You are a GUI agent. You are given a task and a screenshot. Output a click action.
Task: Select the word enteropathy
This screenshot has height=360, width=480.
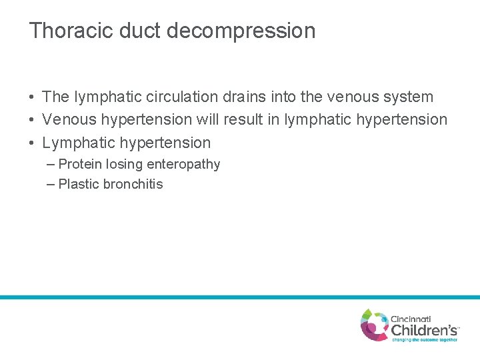tap(183, 165)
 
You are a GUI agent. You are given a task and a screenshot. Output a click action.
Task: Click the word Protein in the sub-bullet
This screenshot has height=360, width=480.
tap(80, 165)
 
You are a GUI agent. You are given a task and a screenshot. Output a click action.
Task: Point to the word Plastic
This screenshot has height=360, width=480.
tap(79, 185)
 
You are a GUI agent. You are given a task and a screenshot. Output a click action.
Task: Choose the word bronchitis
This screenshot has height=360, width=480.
tap(133, 185)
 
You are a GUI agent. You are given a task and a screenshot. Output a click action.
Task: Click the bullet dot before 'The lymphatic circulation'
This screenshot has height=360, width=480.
tap(32, 97)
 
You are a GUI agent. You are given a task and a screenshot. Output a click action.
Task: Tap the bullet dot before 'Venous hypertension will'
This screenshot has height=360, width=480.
tap(32, 121)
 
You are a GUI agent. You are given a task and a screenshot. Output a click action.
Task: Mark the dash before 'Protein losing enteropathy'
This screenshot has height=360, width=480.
tap(52, 164)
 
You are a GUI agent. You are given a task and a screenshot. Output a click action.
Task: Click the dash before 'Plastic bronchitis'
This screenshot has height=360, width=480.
tap(52, 184)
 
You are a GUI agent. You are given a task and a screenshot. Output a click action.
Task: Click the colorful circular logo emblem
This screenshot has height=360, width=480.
tap(375, 325)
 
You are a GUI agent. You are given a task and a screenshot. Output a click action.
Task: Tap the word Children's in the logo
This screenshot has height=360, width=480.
tap(424, 329)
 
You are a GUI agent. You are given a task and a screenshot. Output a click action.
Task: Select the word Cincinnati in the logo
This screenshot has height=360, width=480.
tap(411, 319)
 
